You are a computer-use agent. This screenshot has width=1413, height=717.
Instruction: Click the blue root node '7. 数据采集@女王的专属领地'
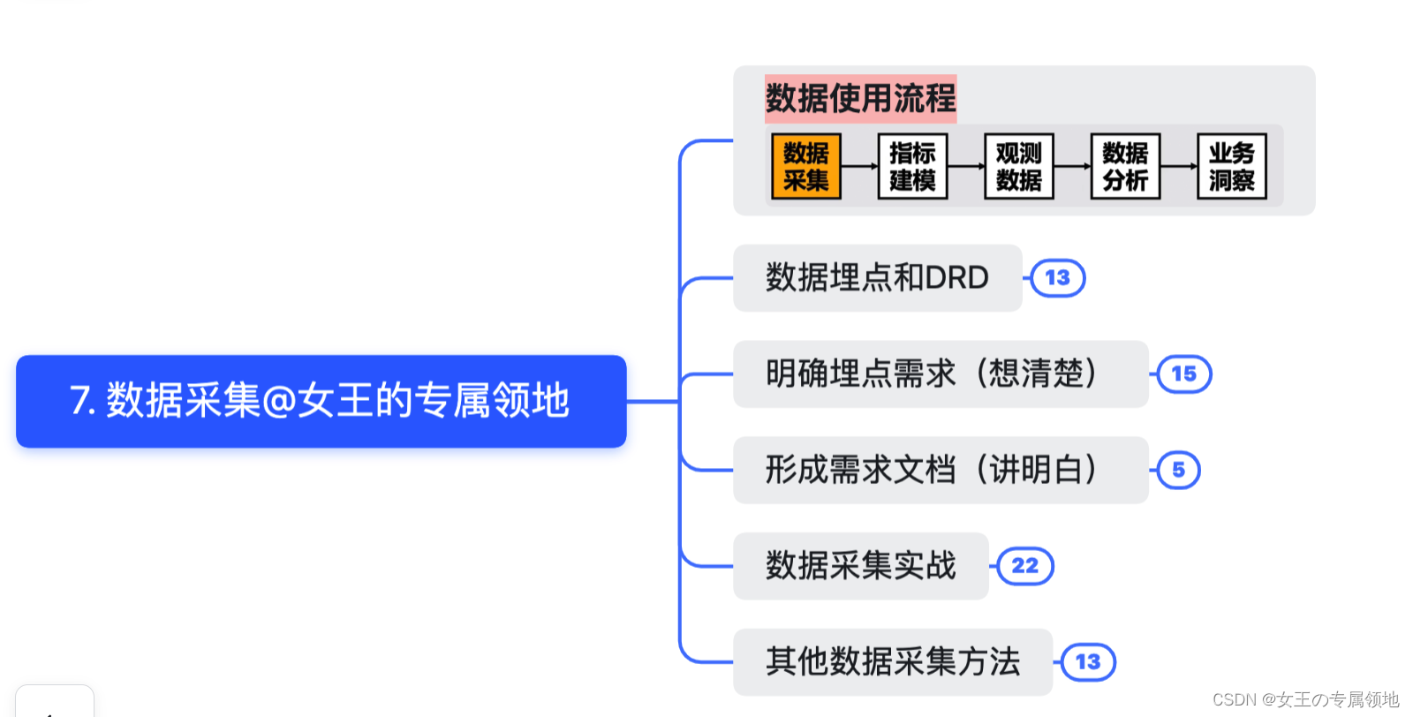pos(321,401)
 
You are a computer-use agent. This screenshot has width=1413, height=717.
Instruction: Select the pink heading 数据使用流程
pos(860,98)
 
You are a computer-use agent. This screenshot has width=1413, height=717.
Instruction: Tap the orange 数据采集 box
pos(805,166)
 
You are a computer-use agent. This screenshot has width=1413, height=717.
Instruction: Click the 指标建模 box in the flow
pos(912,166)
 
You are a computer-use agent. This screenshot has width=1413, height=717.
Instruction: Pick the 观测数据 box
pos(1018,166)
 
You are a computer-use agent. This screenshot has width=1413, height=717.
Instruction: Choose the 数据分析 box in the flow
pos(1125,166)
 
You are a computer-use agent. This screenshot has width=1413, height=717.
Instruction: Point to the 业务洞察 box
pos(1231,166)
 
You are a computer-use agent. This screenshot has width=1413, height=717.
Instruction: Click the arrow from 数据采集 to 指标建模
pos(859,166)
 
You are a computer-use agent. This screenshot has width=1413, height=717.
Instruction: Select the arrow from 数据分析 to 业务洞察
pos(1178,166)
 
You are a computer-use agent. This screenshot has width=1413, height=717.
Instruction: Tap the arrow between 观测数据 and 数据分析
pos(1072,166)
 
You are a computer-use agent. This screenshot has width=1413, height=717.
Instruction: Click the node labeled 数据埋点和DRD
pos(877,278)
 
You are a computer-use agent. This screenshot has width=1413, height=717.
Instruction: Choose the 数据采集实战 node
pos(860,566)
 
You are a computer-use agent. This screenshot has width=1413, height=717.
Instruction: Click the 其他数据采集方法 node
pos(892,662)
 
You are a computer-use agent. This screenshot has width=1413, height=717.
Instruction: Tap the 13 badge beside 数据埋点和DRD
pos(1057,278)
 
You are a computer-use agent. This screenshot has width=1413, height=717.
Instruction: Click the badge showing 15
pos(1183,374)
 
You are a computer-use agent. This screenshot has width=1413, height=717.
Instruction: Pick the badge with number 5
pos(1178,470)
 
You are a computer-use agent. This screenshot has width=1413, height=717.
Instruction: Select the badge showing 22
pos(1024,566)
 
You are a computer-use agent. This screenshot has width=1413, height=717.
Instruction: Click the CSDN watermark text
pos(1305,700)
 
